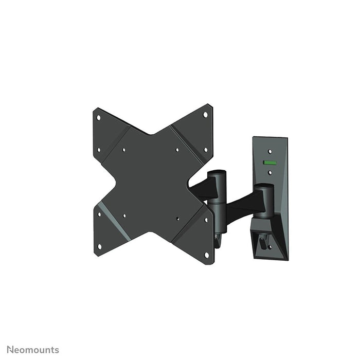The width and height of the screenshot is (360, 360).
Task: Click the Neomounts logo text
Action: pyautogui.click(x=33, y=350)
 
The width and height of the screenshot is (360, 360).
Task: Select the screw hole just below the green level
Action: pyautogui.click(x=268, y=174)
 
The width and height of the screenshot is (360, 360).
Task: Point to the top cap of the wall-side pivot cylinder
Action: pyautogui.click(x=266, y=187)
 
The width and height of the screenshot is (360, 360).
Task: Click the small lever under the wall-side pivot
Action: pyautogui.click(x=264, y=241)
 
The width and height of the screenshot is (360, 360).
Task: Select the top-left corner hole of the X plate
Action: pyautogui.click(x=99, y=117)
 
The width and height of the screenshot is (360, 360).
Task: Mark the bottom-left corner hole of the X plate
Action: pyautogui.click(x=100, y=246)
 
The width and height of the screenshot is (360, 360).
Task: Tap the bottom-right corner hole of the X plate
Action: pyautogui.click(x=207, y=254)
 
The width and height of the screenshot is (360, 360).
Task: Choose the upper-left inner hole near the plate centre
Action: pyautogui.click(x=123, y=150)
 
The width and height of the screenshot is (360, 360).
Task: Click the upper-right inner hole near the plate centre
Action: pyautogui.click(x=177, y=150)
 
